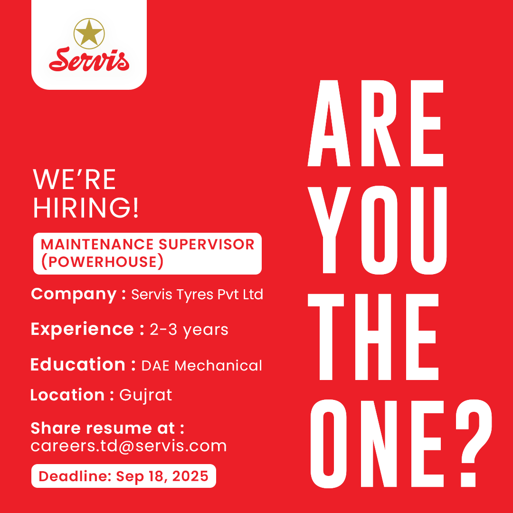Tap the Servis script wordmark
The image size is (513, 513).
(x=89, y=59)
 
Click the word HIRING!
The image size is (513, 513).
(x=86, y=208)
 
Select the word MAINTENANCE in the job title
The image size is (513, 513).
(x=97, y=245)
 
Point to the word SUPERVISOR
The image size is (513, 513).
(x=207, y=245)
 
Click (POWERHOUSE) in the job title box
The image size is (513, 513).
(x=102, y=261)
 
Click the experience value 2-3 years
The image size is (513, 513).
(x=189, y=330)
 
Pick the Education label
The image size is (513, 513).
(x=78, y=364)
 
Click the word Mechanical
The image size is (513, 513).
(x=218, y=365)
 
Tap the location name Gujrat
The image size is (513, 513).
(x=146, y=396)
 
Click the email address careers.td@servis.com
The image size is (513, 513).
(x=129, y=446)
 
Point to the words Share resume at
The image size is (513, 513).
(x=103, y=428)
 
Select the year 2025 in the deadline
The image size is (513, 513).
(x=190, y=476)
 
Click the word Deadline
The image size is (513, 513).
(x=74, y=476)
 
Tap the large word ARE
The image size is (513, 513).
(x=376, y=123)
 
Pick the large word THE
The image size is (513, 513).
(x=373, y=337)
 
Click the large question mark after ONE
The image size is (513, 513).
(x=474, y=443)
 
